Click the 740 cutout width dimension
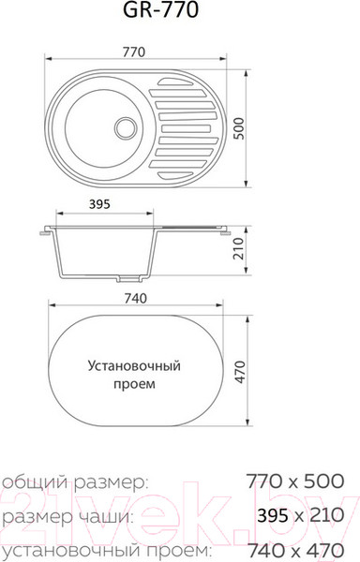point(135,298)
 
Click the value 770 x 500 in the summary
point(293,483)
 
